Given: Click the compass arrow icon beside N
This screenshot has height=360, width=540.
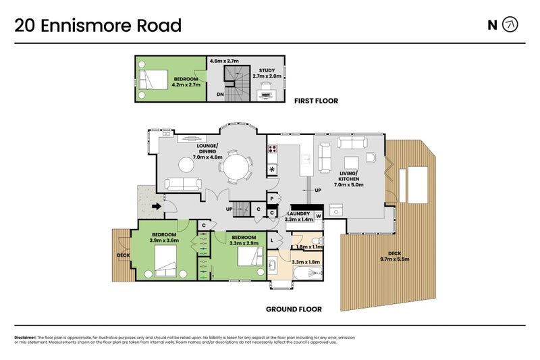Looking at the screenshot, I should click(511, 26).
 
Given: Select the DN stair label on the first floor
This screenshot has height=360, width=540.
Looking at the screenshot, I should click(220, 95).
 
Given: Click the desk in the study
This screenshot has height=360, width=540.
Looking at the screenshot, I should click(265, 93).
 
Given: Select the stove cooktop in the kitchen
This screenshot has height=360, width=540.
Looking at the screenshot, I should click(273, 151).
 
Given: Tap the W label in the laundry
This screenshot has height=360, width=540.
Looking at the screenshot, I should click(318, 216).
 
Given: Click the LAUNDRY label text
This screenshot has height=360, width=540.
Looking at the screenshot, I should click(299, 213).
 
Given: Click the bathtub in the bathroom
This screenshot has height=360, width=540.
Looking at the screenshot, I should click(308, 274).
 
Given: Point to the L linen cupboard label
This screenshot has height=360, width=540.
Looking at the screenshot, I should click(271, 240).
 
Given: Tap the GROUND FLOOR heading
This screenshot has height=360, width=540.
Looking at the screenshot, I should click(294, 309).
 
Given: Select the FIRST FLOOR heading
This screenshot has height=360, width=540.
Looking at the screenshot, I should click(316, 101).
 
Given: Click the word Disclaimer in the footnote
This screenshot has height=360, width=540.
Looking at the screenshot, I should click(25, 337).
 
